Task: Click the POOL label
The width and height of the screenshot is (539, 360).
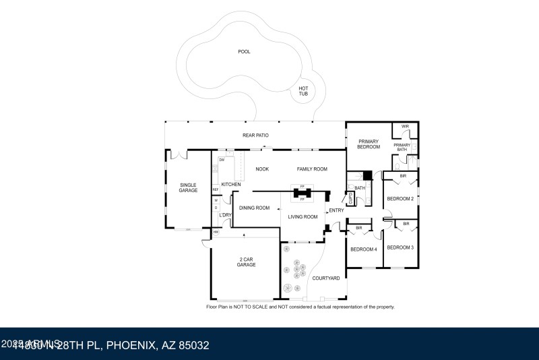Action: tap(244, 52)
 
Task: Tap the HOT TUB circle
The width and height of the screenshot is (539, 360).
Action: tap(303, 92)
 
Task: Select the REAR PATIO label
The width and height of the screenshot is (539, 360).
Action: tap(255, 136)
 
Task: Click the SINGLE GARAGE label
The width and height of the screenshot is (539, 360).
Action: tap(188, 187)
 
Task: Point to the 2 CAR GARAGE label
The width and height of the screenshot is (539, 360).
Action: tap(246, 262)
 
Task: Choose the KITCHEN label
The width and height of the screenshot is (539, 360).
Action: tap(231, 185)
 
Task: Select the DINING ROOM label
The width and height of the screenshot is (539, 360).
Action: tap(254, 208)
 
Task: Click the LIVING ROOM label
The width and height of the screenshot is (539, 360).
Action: tap(303, 216)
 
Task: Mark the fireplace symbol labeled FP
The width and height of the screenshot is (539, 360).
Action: tap(303, 193)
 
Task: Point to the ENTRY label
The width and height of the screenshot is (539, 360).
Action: tap(336, 210)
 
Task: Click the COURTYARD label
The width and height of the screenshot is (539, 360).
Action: tap(325, 278)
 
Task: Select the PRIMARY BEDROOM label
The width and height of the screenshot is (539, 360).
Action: tap(369, 144)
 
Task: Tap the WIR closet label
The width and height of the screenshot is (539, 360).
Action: tap(405, 126)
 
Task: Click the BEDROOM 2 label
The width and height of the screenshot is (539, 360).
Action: tap(400, 198)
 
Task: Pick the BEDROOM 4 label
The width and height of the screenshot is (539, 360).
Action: tap(363, 249)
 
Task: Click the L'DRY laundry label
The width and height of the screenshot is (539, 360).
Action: tap(225, 215)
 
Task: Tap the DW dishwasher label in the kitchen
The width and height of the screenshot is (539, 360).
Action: tap(222, 160)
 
